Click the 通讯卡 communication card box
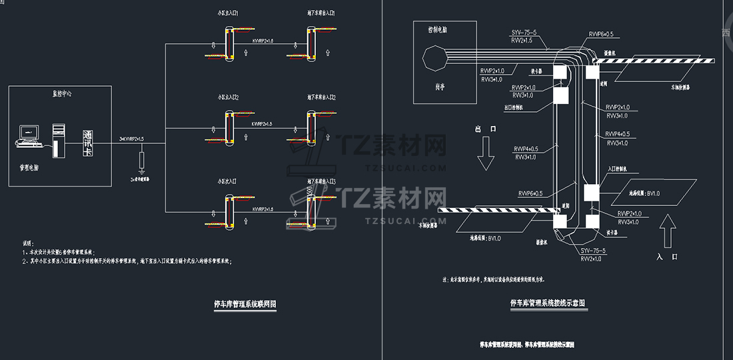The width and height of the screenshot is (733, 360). pos(87,143)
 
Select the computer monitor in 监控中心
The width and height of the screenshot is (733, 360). pos(29,133)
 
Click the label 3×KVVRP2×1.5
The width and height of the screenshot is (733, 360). pos(131,139)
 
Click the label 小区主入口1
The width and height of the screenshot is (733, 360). pos(229,13)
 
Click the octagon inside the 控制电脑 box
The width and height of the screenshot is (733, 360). pos(437,57)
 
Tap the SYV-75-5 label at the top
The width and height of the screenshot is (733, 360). pos(525,33)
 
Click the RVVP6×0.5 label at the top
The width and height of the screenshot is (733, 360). pos(601,34)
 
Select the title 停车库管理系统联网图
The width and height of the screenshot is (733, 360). pos(243,304)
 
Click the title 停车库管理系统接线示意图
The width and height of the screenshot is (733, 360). pos(548,303)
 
